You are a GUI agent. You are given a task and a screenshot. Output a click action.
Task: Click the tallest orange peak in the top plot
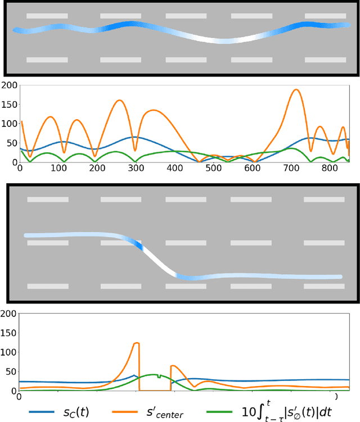coord(295,90)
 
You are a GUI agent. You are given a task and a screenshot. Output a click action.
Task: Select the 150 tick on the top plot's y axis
coord(9,105)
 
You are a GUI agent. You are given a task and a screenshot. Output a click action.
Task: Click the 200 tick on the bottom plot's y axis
coord(9,314)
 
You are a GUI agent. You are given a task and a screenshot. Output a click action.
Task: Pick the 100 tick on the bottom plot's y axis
coord(9,352)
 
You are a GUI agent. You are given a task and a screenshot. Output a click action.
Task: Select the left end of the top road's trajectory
coord(16,30)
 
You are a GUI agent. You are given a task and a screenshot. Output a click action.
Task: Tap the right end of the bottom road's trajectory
coord(340,276)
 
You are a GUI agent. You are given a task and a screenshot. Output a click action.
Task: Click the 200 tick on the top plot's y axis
coord(9,85)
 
